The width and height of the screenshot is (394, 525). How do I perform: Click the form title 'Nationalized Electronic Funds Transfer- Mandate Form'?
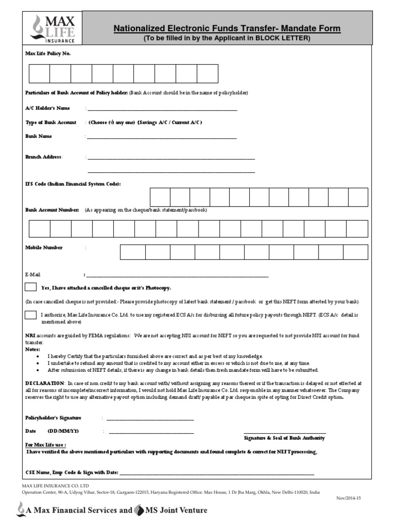tap(226, 29)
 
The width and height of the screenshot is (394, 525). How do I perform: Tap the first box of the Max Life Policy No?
tap(40, 73)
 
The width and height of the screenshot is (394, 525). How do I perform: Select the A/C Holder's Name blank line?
tap(162, 109)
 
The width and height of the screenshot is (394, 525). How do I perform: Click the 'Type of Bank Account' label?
tap(51, 123)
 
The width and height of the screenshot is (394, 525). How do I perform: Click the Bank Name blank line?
tap(162, 137)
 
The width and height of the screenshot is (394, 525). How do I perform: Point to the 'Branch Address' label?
tap(44, 157)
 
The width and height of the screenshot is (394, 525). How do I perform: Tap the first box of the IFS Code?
tap(160, 197)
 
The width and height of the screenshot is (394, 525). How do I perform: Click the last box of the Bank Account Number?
tap(357, 229)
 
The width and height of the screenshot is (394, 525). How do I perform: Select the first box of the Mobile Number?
tap(132, 252)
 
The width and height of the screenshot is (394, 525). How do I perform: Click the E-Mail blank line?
tap(177, 275)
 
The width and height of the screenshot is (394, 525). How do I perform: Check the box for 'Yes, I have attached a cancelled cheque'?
tap(31, 287)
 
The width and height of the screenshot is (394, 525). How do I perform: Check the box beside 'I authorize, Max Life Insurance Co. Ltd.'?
tap(31, 315)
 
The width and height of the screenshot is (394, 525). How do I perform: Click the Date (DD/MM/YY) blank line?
tap(151, 431)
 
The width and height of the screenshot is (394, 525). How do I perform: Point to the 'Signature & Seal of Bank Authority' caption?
tap(284, 438)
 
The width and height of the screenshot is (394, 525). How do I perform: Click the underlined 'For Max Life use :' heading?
tap(46, 445)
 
